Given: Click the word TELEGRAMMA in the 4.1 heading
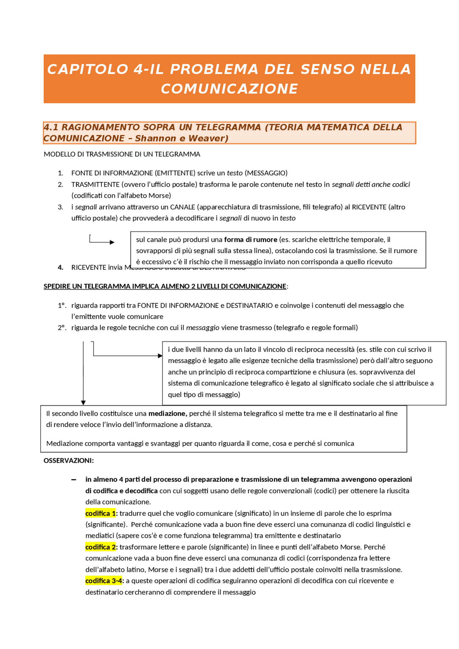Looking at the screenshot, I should (x=228, y=127).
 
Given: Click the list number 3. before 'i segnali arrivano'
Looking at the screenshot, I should (x=60, y=207).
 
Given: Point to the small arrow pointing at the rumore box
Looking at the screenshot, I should (x=112, y=242).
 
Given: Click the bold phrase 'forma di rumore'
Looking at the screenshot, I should (x=251, y=239).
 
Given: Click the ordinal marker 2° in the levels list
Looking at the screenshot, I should (x=62, y=328).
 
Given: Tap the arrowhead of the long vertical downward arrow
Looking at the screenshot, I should (x=83, y=403).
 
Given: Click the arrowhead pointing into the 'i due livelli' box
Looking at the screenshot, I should (x=160, y=355).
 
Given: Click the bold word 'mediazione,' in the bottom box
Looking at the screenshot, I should (x=167, y=414).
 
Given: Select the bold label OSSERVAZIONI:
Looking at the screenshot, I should (x=68, y=460).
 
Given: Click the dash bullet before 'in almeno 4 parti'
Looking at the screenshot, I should (x=74, y=480).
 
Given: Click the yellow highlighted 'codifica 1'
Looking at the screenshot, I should (x=100, y=514).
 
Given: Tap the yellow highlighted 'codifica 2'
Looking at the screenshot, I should (x=100, y=547).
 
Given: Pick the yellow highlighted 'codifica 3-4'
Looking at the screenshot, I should (x=103, y=581).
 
